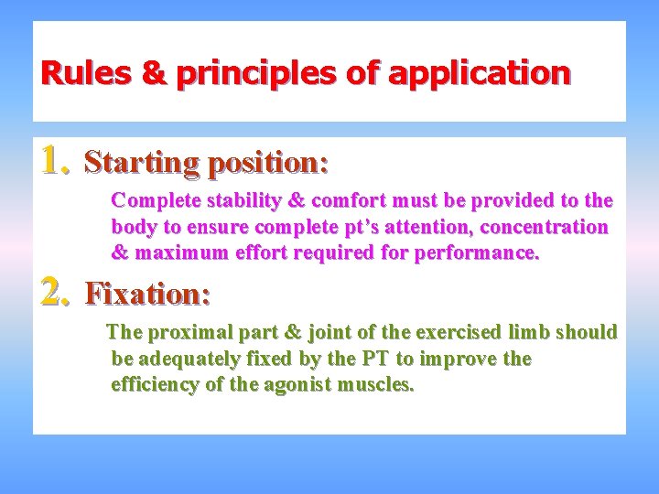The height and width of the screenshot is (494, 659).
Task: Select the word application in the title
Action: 480,72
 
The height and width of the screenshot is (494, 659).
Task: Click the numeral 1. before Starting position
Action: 57,162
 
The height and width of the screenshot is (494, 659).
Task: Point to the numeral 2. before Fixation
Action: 57,292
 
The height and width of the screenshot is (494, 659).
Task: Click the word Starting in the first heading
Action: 142,164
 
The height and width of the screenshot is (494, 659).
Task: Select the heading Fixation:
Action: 148,294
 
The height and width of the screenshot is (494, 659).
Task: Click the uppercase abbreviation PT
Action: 373,359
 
